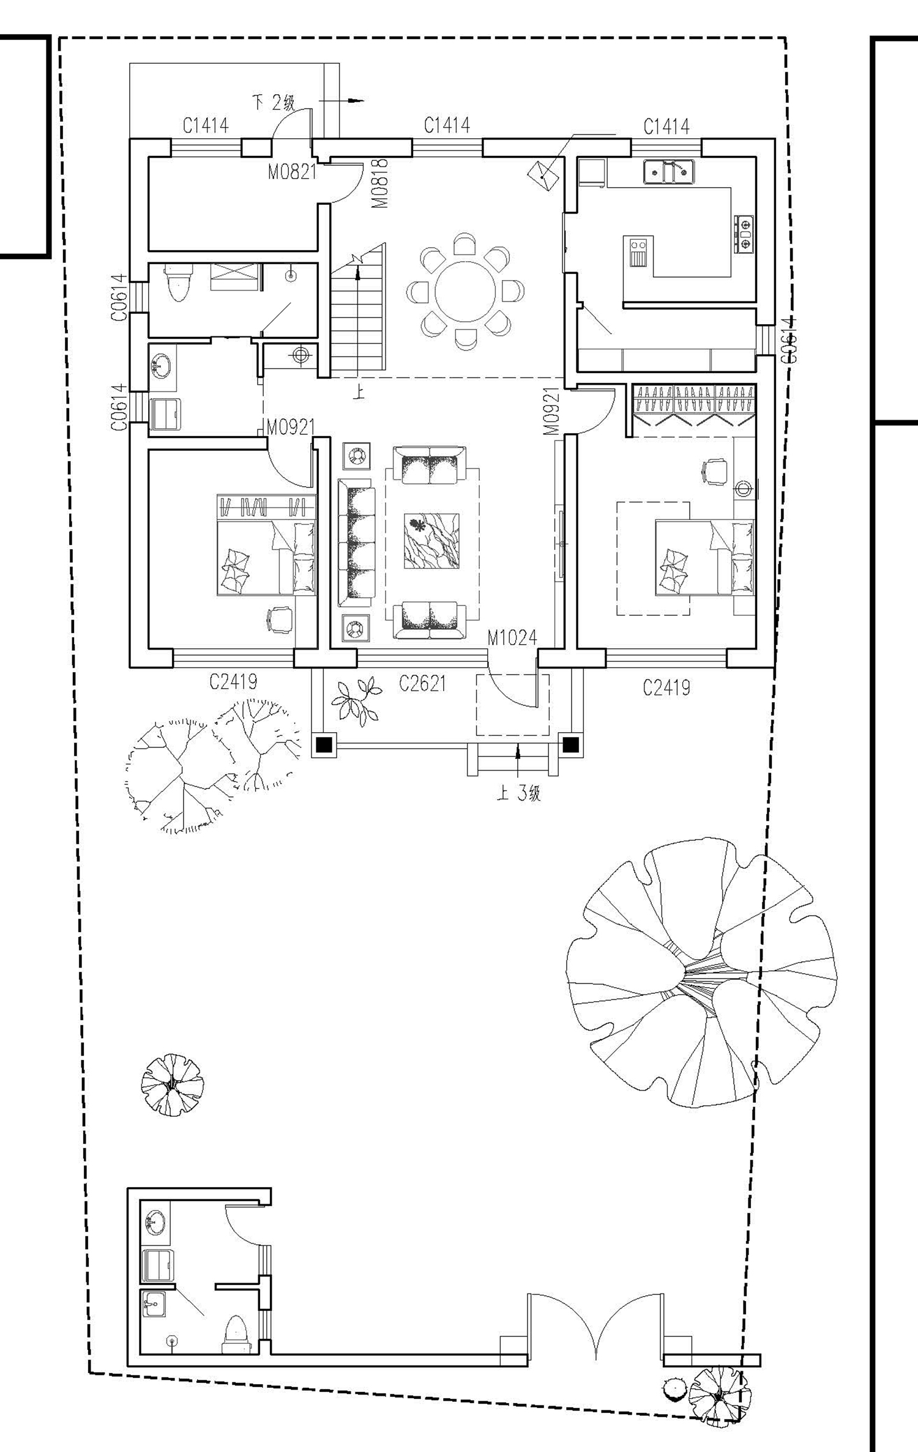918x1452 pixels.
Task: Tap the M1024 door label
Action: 512,638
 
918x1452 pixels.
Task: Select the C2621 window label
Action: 422,683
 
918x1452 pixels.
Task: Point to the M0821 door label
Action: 293,172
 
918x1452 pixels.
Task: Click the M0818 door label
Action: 380,183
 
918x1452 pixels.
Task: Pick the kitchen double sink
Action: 669,171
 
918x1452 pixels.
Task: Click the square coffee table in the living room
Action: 431,541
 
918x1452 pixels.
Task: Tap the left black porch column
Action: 324,744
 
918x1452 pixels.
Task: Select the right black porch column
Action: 570,744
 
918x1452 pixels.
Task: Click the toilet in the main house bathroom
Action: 179,283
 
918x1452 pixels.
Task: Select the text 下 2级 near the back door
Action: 274,102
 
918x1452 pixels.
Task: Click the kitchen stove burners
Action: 744,234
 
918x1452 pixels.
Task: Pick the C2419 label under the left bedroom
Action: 233,681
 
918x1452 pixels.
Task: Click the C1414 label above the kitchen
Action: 666,127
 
